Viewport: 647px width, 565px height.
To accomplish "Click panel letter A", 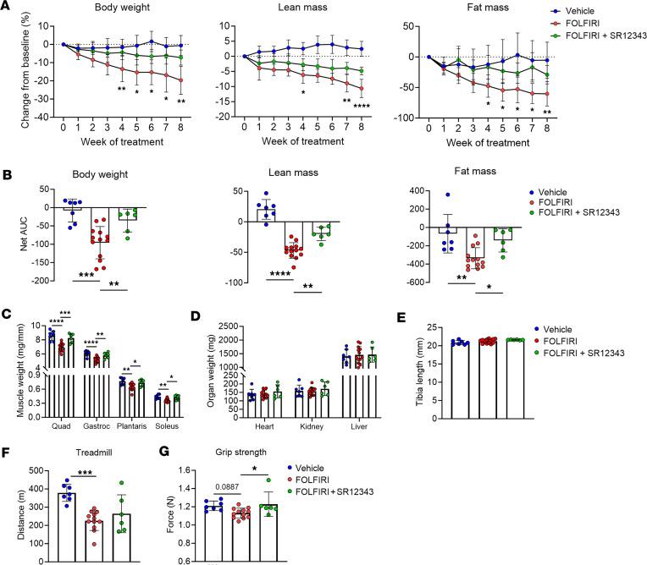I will click(6, 7).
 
